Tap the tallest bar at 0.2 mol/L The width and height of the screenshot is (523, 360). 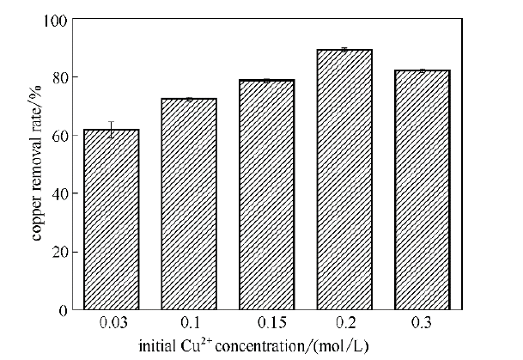344,180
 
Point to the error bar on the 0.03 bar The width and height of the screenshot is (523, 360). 111,129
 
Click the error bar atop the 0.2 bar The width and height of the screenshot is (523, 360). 344,50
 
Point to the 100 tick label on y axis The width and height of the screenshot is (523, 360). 53,19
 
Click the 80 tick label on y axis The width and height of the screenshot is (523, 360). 57,77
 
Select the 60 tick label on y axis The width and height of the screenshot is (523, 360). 57,136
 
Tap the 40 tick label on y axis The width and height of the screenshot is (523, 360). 57,193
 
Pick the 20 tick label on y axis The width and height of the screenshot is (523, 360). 57,252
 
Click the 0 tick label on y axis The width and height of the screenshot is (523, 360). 60,310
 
